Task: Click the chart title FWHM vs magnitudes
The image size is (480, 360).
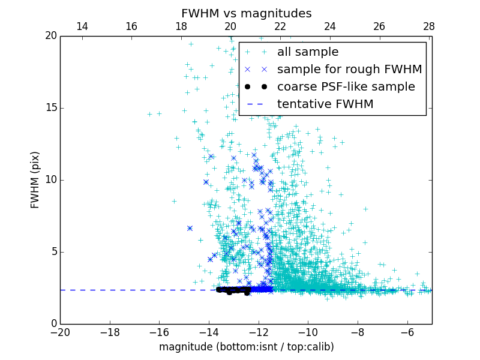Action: point(246,13)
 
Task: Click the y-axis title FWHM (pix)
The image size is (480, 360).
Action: point(35,180)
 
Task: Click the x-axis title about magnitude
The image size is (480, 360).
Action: point(246,347)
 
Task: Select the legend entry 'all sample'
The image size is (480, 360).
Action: point(308,52)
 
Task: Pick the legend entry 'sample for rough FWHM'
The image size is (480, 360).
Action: point(349,69)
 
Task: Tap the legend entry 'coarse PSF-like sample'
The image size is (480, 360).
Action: point(346,86)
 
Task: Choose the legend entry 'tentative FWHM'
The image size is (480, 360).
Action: point(325,104)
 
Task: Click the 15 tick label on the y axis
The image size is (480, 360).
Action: point(50,108)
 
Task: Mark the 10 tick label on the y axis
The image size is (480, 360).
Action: point(50,180)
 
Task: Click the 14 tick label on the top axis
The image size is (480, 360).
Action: point(82,27)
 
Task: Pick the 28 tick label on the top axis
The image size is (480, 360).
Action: point(428,27)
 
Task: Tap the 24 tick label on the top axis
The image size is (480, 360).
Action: point(329,27)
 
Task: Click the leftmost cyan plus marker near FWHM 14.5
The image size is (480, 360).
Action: point(150,114)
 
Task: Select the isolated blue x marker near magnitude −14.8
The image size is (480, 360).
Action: point(190,228)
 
